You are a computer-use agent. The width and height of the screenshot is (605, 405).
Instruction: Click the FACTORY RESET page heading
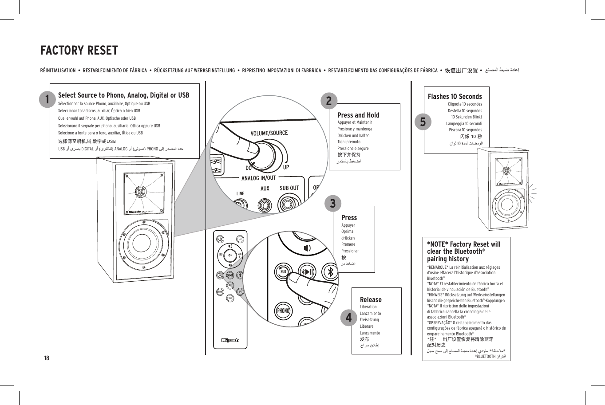point(79,51)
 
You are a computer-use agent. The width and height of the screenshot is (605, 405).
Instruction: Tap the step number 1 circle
point(46,99)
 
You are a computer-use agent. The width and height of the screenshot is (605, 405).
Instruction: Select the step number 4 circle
point(348,317)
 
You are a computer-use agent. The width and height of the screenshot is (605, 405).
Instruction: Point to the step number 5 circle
point(423,121)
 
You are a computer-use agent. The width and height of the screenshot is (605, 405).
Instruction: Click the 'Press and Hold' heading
point(358,115)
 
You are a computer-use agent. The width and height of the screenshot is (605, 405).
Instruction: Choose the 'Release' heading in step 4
point(371,299)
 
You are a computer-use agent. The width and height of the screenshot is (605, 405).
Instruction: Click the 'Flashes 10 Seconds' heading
point(455,96)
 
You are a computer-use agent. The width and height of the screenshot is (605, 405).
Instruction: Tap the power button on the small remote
point(220,239)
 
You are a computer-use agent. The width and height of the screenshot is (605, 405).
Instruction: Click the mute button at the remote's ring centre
point(230,255)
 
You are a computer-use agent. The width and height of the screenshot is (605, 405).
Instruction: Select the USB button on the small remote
point(230,298)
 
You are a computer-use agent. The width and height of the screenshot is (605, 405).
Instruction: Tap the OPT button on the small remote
point(240,291)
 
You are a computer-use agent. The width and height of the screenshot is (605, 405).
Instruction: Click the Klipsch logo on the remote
point(230,340)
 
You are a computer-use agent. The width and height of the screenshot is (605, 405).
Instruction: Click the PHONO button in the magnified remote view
point(283,311)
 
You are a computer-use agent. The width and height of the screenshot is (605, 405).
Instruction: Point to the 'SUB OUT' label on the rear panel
point(289,188)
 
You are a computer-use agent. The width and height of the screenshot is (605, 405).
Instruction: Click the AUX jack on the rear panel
point(265,206)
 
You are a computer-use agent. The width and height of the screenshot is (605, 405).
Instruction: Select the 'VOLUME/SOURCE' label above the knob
point(269,133)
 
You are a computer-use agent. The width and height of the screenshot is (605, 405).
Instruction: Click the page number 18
point(46,358)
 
